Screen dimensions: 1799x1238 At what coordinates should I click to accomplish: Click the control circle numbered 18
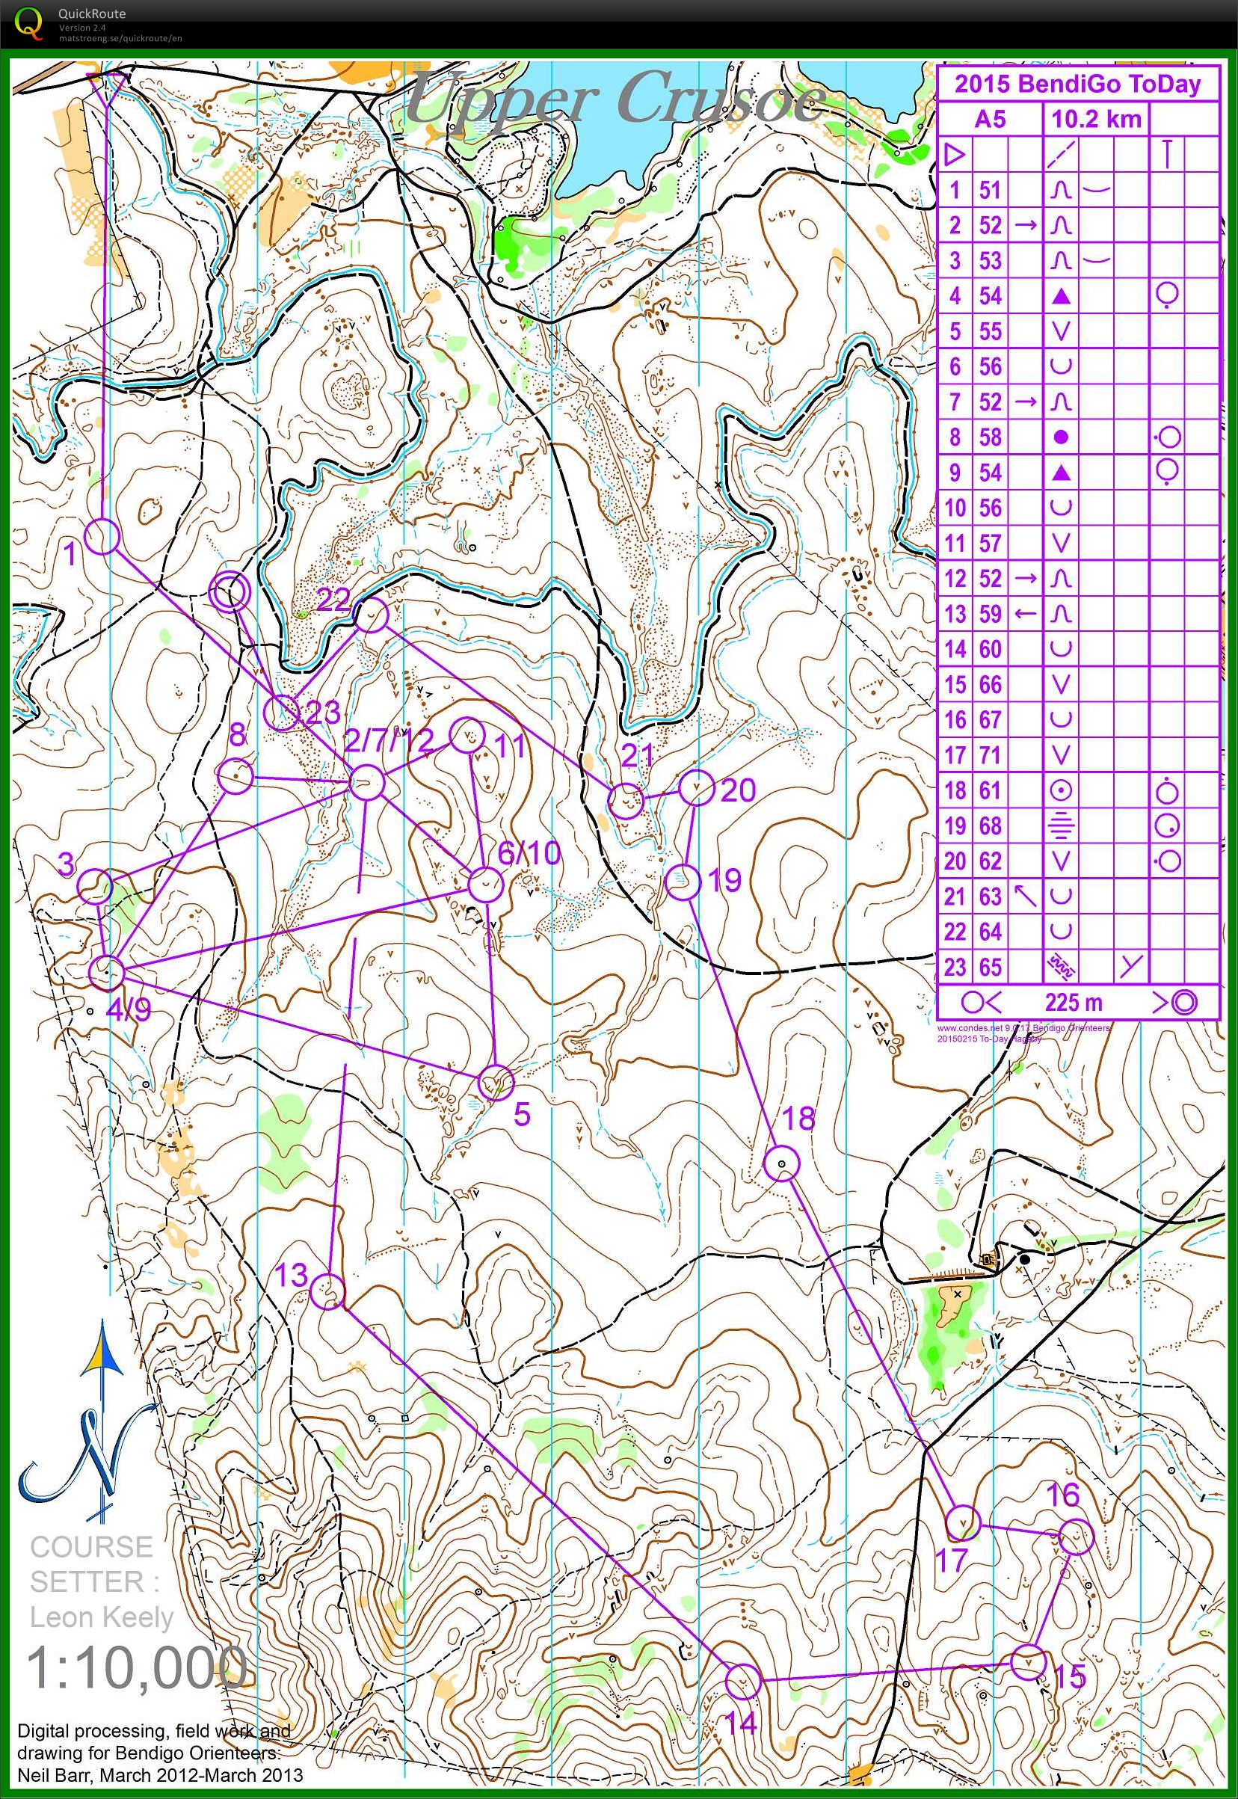(x=782, y=1163)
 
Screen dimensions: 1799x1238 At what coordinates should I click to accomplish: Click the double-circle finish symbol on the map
(x=230, y=594)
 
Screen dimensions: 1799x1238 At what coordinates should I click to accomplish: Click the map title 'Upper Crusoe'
(x=617, y=99)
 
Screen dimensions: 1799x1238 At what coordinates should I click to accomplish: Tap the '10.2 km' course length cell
(x=1095, y=119)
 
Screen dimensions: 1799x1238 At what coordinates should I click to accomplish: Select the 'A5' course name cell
(x=990, y=119)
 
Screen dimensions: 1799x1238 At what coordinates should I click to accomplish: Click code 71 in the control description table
(x=990, y=755)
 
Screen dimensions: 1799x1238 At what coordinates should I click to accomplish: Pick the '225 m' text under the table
(x=1073, y=1002)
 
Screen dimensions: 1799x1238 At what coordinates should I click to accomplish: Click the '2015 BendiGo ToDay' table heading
(x=1077, y=84)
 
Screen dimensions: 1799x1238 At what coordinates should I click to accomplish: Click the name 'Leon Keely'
(x=101, y=1617)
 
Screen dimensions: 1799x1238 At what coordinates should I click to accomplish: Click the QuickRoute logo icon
(x=29, y=22)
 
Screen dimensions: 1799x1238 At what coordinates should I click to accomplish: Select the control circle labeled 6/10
(x=487, y=885)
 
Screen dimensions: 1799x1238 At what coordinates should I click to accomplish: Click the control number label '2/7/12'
(x=389, y=740)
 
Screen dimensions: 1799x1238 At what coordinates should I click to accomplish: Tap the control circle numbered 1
(x=102, y=536)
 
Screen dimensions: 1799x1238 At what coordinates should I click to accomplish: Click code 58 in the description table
(x=990, y=437)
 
